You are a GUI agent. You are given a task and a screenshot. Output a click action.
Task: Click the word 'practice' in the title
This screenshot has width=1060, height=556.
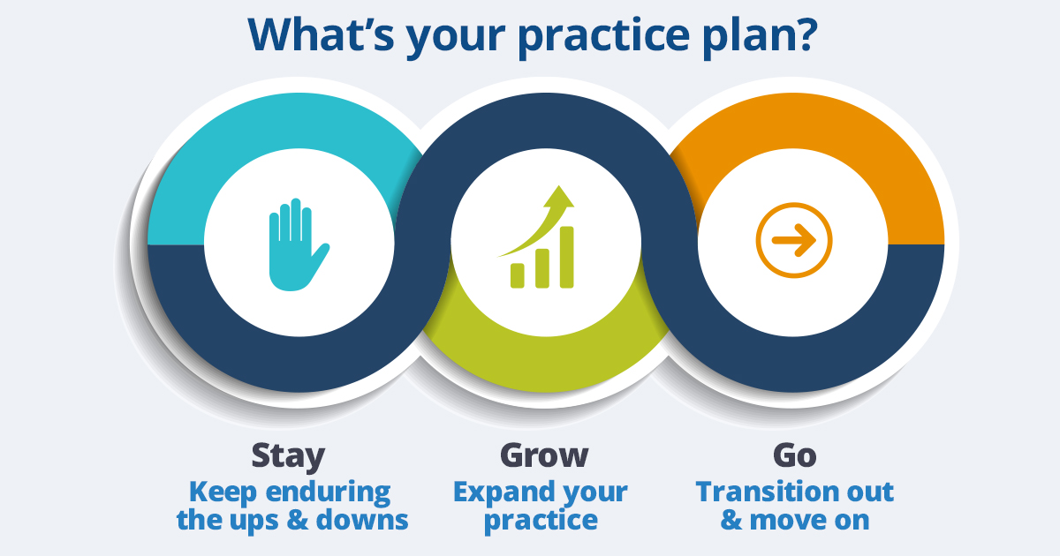click(x=602, y=38)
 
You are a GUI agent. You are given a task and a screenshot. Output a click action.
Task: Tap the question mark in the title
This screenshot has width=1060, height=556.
click(x=803, y=34)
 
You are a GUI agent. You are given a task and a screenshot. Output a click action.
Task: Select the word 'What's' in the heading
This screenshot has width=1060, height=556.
click(x=322, y=34)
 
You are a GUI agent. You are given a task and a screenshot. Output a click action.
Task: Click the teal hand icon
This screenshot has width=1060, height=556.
click(x=299, y=244)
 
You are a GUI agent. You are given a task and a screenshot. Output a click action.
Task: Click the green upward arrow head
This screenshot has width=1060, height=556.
click(x=559, y=197)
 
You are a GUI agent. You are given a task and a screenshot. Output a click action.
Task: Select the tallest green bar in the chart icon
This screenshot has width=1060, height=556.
click(x=566, y=257)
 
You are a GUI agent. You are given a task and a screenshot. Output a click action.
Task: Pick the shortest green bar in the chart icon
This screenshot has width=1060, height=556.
click(x=518, y=275)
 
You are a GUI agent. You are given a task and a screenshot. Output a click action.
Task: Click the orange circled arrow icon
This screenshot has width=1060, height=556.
click(x=793, y=240)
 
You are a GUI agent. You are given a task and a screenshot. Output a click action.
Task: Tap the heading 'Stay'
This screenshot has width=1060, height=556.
click(x=288, y=455)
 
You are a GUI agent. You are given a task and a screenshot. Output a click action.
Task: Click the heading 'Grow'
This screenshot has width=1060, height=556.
click(x=544, y=455)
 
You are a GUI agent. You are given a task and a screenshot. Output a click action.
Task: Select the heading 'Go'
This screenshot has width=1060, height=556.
click(x=794, y=455)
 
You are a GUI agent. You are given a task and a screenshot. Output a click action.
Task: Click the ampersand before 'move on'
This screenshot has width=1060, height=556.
click(x=731, y=520)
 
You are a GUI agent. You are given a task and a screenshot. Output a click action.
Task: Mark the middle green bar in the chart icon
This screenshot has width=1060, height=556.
click(x=541, y=268)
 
